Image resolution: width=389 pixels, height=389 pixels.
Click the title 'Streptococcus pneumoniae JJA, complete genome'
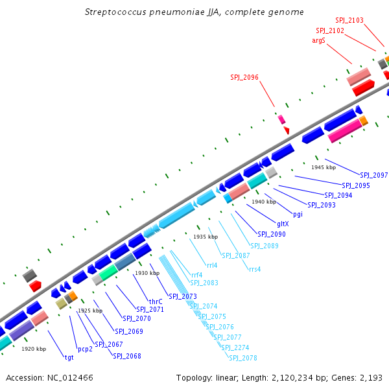pyautogui.click(x=194, y=12)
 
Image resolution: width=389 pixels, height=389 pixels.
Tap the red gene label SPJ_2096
pyautogui.click(x=244, y=77)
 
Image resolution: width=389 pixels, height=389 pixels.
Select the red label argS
pyautogui.click(x=318, y=40)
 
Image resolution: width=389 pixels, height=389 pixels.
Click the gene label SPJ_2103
pyautogui.click(x=349, y=21)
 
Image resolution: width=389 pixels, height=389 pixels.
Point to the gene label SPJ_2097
pyautogui.click(x=373, y=175)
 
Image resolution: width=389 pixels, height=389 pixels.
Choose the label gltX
pyautogui.click(x=283, y=224)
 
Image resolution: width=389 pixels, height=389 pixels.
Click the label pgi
pyautogui.click(x=298, y=214)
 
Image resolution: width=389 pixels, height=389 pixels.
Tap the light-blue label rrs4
pyautogui.click(x=255, y=269)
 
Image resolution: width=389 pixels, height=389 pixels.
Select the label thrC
pyautogui.click(x=156, y=301)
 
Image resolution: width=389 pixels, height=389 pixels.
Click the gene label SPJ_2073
pyautogui.click(x=183, y=296)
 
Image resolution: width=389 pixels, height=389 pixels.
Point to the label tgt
pyautogui.click(x=69, y=357)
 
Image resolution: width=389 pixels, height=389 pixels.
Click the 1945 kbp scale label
pyautogui.click(x=324, y=167)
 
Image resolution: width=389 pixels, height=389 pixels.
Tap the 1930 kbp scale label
pyautogui.click(x=147, y=273)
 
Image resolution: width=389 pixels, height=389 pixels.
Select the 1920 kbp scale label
pyautogui.click(x=34, y=349)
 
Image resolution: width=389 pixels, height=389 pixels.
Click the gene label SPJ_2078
pyautogui.click(x=242, y=358)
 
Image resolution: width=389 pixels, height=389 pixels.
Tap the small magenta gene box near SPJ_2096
pyautogui.click(x=281, y=119)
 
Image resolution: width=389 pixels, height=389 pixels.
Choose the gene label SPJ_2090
pyautogui.click(x=271, y=234)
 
